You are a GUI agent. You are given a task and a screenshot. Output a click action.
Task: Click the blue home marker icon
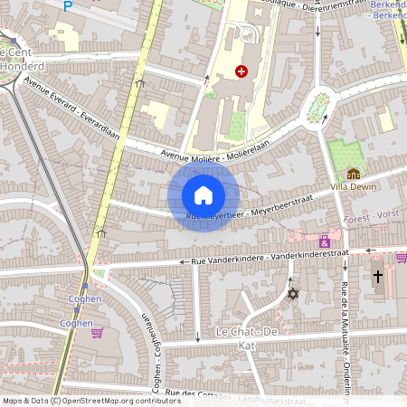(x=203, y=194)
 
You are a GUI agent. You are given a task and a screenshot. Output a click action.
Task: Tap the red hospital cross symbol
(x=241, y=71)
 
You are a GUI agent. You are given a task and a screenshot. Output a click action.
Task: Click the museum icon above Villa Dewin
(x=353, y=173)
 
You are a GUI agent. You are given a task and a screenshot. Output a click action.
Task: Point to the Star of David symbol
(x=291, y=294)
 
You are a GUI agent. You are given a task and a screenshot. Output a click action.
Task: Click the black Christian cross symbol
(x=378, y=277)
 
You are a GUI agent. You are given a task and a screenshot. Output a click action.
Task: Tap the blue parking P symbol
(x=67, y=6)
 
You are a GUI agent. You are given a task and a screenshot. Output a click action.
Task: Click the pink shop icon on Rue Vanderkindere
(x=324, y=241)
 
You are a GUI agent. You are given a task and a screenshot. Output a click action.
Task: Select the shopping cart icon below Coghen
(x=96, y=332)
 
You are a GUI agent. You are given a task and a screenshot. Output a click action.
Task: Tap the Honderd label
(x=23, y=65)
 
